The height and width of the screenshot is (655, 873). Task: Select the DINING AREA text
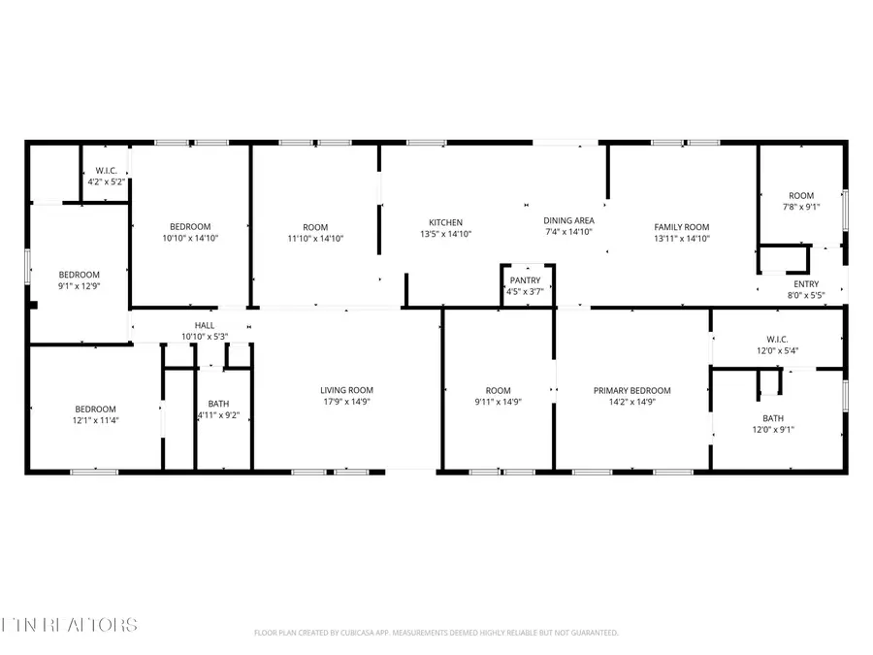(568, 220)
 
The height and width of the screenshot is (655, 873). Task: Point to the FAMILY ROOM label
(682, 226)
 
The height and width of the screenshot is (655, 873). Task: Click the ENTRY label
(806, 284)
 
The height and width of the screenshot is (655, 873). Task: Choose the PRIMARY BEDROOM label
(632, 391)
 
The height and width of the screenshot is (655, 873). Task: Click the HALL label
(205, 326)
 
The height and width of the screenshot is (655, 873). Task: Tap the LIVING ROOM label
(347, 390)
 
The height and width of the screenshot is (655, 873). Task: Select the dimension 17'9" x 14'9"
(347, 402)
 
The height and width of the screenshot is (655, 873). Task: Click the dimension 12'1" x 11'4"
(95, 421)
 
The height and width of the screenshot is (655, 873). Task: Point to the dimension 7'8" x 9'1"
(801, 206)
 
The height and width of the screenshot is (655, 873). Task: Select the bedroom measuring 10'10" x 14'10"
(190, 232)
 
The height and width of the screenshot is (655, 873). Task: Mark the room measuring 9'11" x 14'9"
(498, 396)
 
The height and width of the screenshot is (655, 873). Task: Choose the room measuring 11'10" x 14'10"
(316, 232)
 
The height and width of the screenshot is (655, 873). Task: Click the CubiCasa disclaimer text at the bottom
(436, 633)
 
